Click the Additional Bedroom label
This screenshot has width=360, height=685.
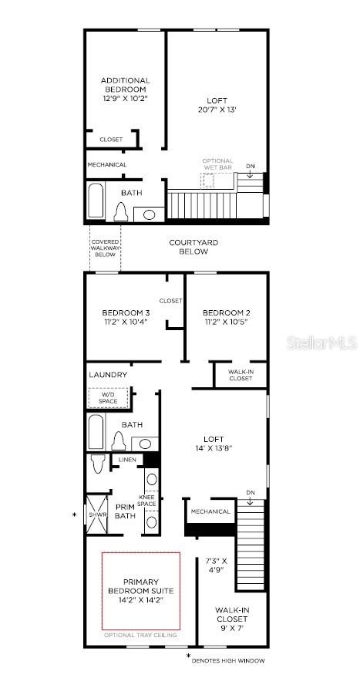126,85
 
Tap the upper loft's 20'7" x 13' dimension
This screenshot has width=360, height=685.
217,110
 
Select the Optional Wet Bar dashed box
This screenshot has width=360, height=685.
208,180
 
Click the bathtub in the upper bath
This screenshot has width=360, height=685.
96,200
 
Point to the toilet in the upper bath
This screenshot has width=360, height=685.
121,211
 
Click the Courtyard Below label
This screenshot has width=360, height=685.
193,247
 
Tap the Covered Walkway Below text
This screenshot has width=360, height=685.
105,248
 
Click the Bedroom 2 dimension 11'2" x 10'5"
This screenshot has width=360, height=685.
226,322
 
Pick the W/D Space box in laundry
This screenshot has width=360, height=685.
108,399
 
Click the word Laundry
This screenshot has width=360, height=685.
108,375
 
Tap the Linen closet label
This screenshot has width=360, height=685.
127,461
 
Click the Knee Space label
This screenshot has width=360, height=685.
146,501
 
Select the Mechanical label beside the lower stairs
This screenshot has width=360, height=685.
210,511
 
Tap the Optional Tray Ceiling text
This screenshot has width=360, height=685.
141,635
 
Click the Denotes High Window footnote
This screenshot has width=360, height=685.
228,661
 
